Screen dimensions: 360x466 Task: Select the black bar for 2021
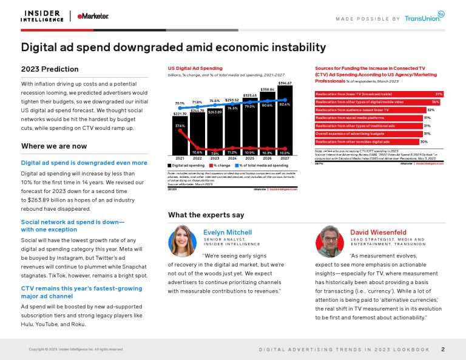[x=180, y=136]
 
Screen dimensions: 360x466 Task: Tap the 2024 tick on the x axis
[x=232, y=158]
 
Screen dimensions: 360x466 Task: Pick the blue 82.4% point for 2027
[x=285, y=100]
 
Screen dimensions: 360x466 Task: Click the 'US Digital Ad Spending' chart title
[x=195, y=68]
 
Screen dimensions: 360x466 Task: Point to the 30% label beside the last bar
[x=424, y=141]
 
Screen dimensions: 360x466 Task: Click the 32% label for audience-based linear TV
[x=430, y=110]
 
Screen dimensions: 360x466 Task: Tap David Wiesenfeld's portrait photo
[x=330, y=240]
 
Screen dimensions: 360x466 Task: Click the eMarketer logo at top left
[x=92, y=16]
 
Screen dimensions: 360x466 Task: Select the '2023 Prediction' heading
[x=50, y=69]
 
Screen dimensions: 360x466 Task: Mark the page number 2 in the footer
[x=443, y=349]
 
